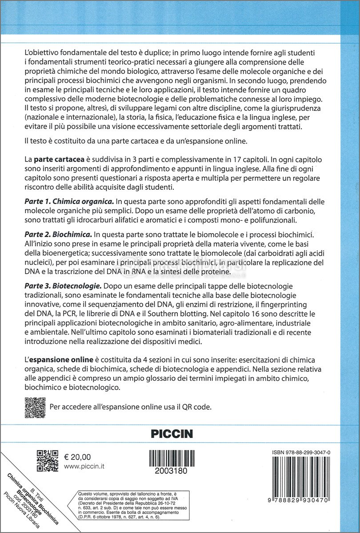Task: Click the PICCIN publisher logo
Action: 172,433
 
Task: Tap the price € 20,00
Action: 77,457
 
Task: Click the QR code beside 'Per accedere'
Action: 34,406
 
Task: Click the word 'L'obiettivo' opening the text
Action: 44,52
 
